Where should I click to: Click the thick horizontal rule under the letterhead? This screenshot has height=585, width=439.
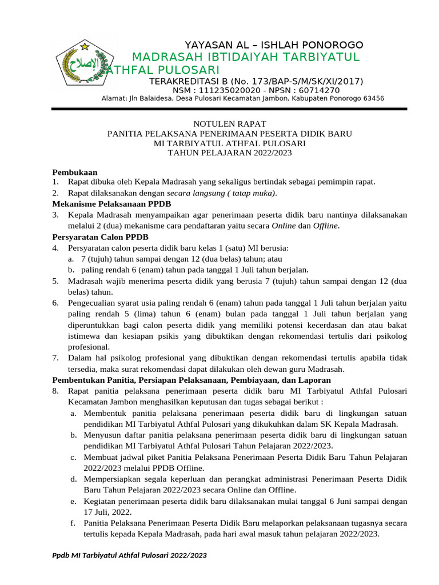229,109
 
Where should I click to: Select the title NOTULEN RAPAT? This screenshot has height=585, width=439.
229,123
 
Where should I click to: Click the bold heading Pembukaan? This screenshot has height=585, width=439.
75,171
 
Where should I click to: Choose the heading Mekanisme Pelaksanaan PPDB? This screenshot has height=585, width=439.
111,203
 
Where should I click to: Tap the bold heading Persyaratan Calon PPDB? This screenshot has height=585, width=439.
101,236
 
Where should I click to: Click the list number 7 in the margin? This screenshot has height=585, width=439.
55,358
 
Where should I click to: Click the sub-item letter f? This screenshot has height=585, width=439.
73,523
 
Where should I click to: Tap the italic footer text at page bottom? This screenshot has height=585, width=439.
130,555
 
